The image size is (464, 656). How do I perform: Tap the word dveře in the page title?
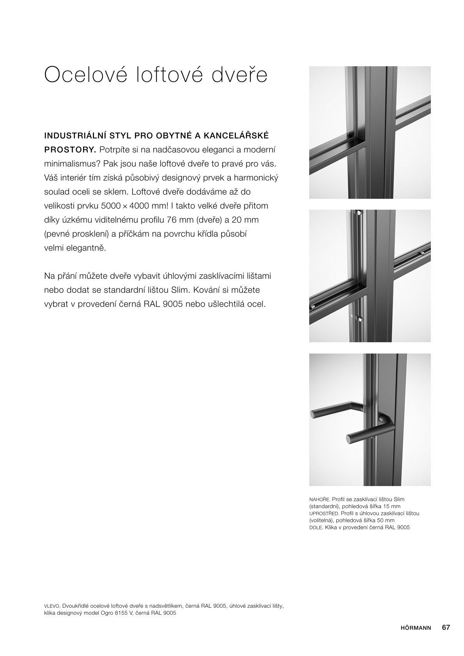pos(240,74)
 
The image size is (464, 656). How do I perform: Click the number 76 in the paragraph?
pos(172,220)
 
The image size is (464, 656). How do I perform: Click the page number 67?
pos(446,628)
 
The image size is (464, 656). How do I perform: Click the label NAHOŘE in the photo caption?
pos(319,499)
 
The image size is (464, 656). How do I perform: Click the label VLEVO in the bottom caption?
pos(52,606)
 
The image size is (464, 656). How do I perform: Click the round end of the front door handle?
pos(349,439)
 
